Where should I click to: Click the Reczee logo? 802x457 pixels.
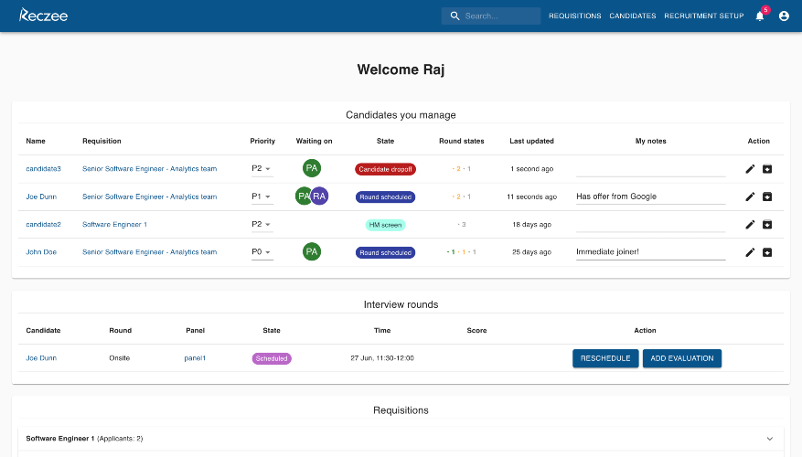pyautogui.click(x=44, y=16)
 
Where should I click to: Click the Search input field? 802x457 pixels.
pyautogui.click(x=491, y=16)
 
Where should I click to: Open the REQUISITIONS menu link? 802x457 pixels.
pyautogui.click(x=575, y=16)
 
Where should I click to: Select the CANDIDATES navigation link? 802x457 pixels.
pyautogui.click(x=633, y=16)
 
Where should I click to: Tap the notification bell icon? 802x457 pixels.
pyautogui.click(x=760, y=16)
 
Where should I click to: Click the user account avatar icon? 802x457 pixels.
pyautogui.click(x=784, y=16)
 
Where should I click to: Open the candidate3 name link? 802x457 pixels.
pyautogui.click(x=44, y=169)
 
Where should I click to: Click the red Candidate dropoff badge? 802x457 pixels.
pyautogui.click(x=385, y=169)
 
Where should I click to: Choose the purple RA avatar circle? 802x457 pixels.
pyautogui.click(x=320, y=197)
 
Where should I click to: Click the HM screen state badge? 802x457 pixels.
pyautogui.click(x=385, y=225)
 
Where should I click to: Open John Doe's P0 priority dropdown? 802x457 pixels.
pyautogui.click(x=262, y=252)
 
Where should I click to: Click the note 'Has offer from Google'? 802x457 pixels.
pyautogui.click(x=616, y=197)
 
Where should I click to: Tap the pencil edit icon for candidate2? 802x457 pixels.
pyautogui.click(x=750, y=225)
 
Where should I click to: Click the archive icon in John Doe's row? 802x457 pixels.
pyautogui.click(x=767, y=252)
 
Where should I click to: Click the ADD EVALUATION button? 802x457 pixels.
pyautogui.click(x=682, y=358)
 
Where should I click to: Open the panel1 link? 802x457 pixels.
pyautogui.click(x=195, y=358)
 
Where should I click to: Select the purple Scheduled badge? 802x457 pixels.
pyautogui.click(x=272, y=358)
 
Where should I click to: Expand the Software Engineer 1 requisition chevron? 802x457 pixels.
pyautogui.click(x=770, y=439)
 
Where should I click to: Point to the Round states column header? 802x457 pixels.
pyautogui.click(x=461, y=141)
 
